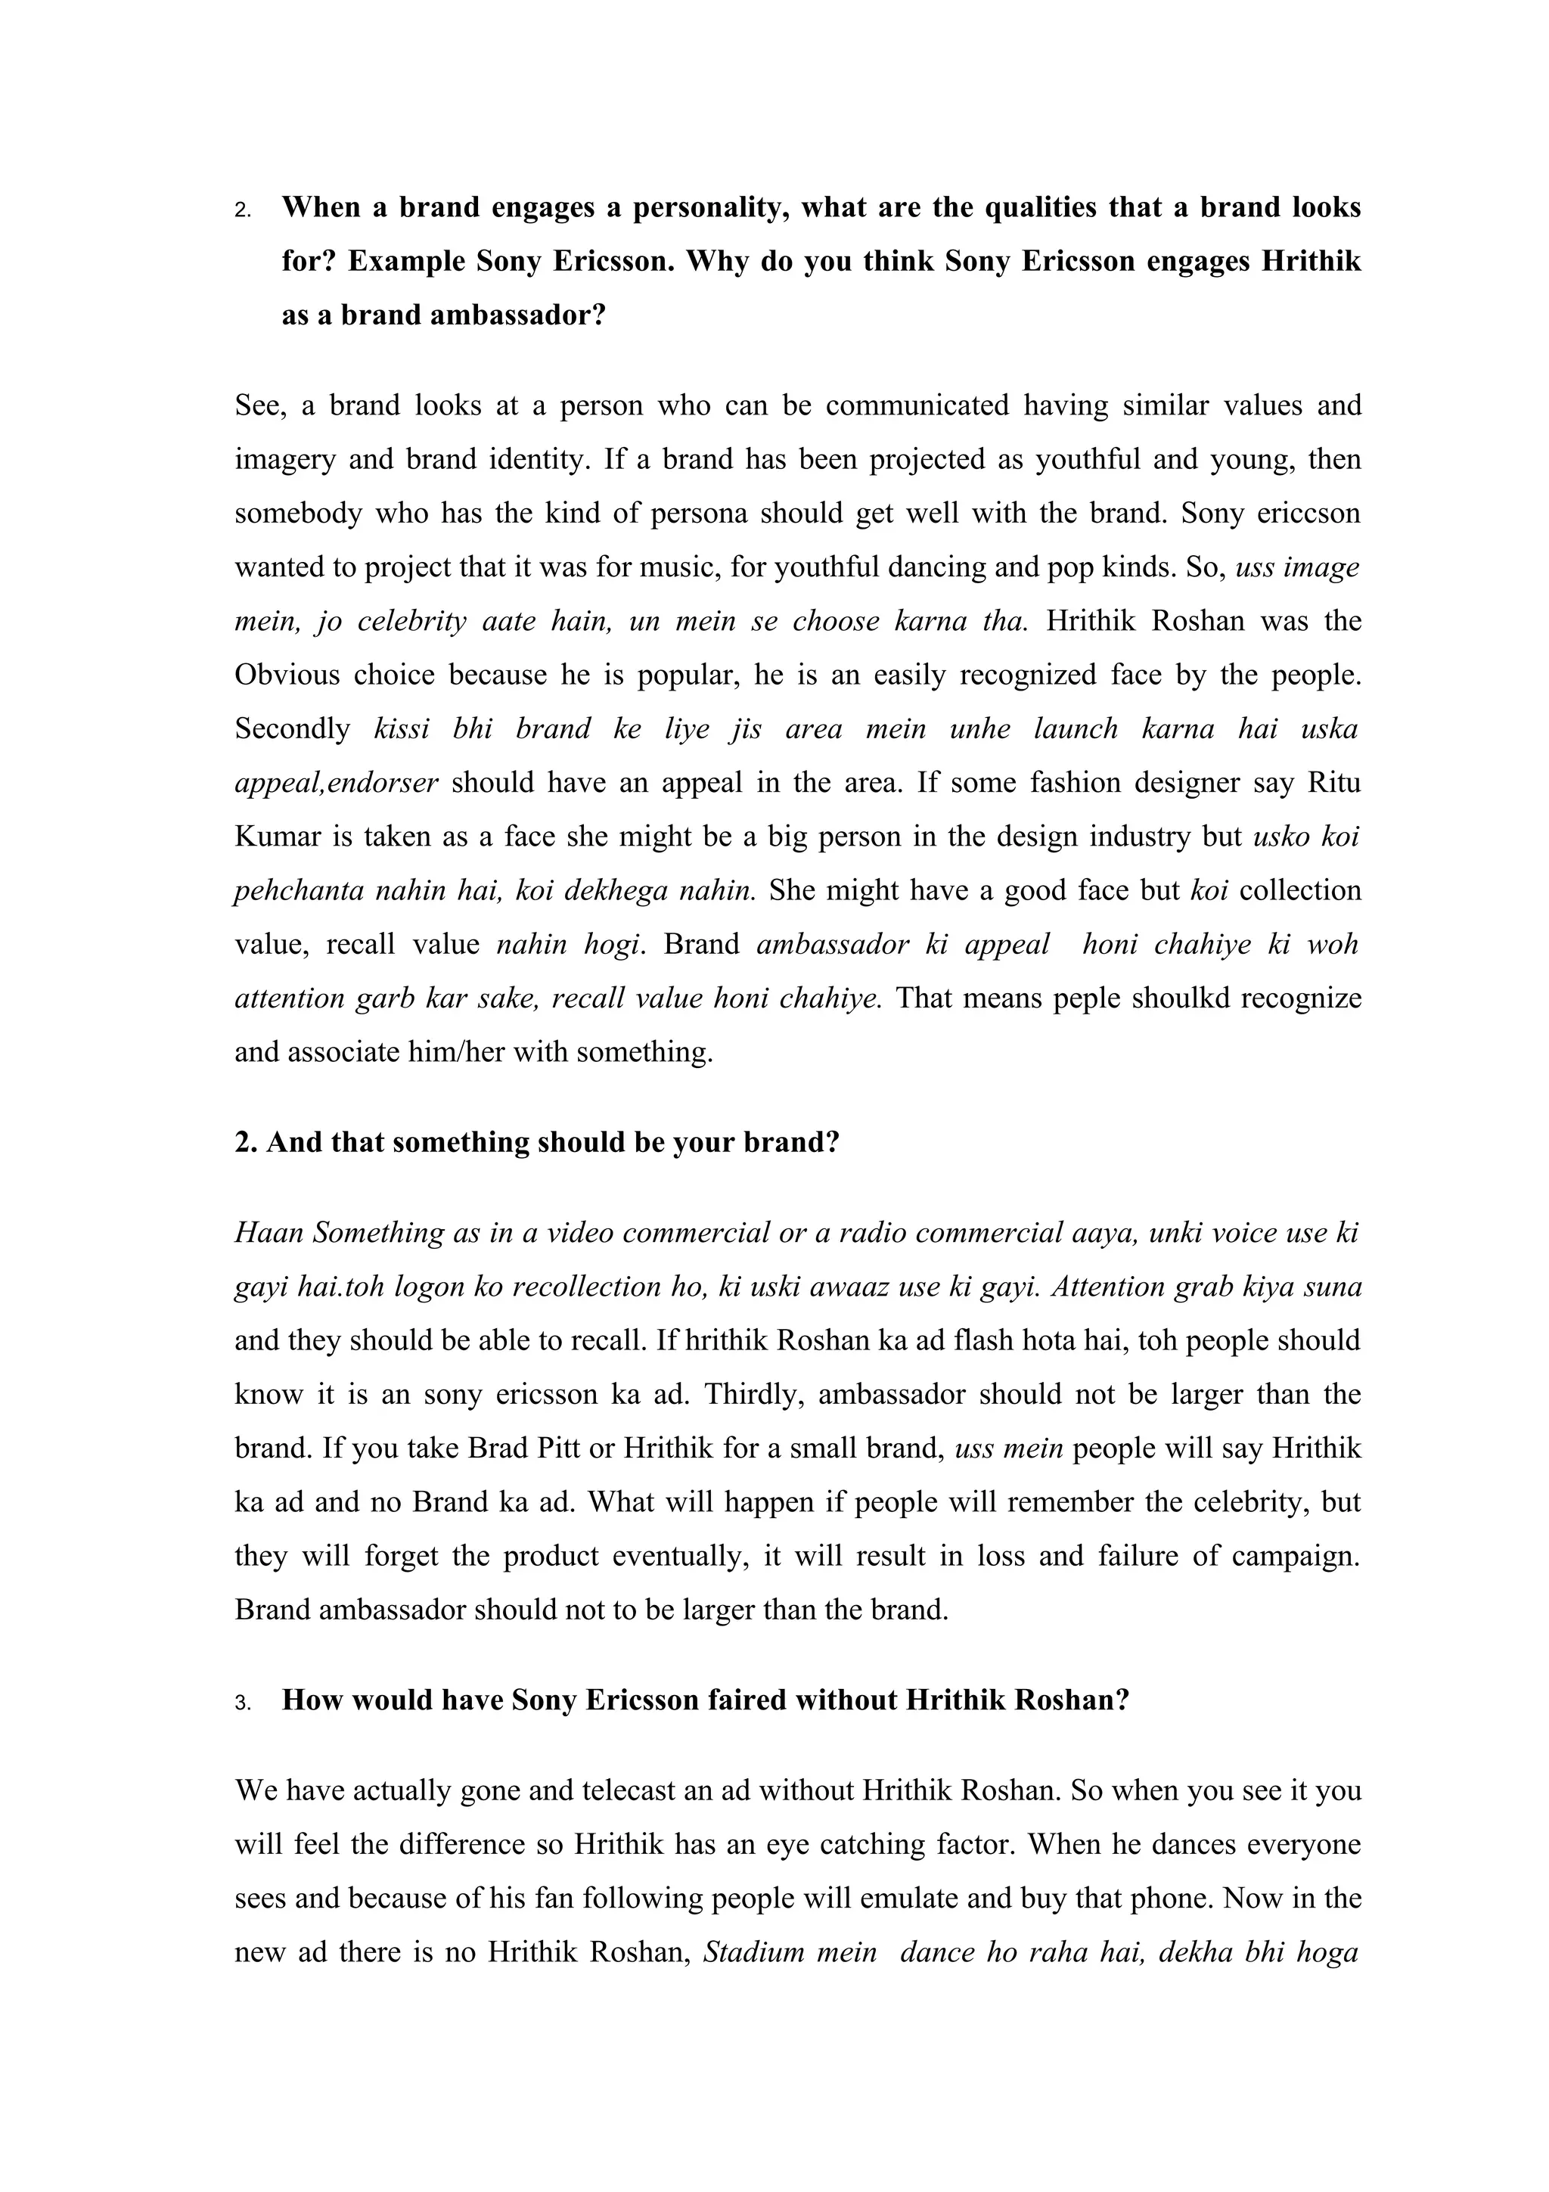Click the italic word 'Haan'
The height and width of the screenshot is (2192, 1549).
point(269,1234)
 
